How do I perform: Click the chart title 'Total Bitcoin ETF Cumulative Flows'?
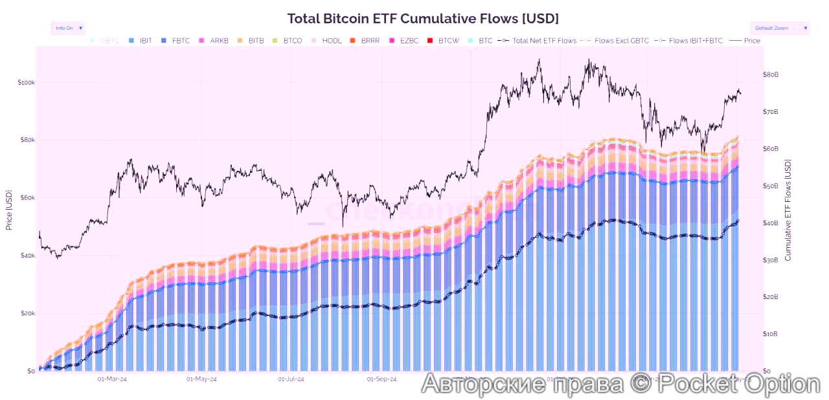[422, 18]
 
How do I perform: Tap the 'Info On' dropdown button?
[67, 28]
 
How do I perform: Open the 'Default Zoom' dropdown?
[779, 28]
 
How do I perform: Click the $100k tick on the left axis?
[26, 83]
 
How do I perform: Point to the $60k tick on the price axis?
[26, 198]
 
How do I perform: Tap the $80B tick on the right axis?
[771, 75]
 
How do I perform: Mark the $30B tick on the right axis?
[771, 260]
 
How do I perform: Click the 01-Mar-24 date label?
[111, 379]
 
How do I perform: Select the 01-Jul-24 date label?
[291, 379]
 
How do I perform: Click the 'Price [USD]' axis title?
[9, 210]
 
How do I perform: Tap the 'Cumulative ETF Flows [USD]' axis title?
[788, 210]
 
